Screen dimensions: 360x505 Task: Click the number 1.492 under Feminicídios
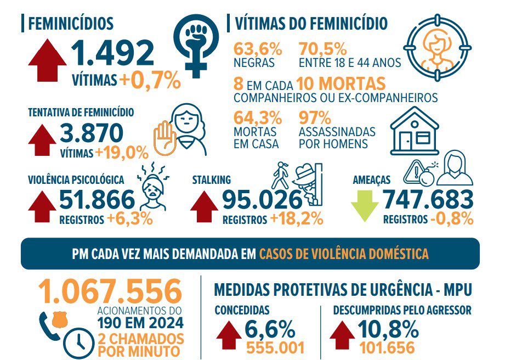112,53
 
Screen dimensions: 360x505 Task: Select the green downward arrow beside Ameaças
365,205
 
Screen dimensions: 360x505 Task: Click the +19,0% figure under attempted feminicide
122,152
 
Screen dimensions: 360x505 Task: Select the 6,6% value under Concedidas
270,329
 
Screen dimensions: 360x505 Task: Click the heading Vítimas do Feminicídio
311,24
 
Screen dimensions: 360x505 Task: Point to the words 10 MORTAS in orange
341,84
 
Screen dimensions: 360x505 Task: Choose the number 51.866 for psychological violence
97,200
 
